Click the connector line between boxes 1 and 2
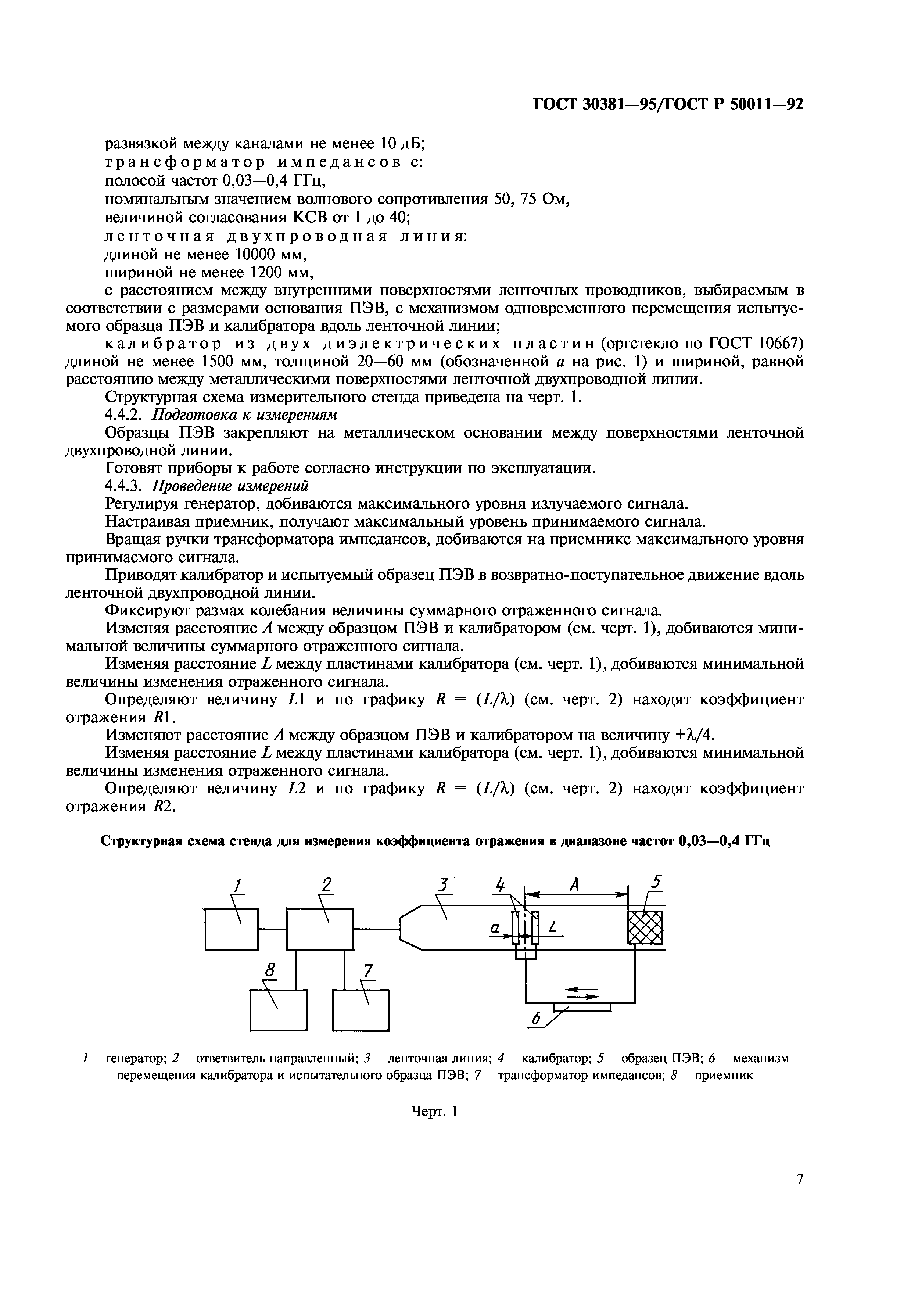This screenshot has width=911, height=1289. click(x=272, y=929)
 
